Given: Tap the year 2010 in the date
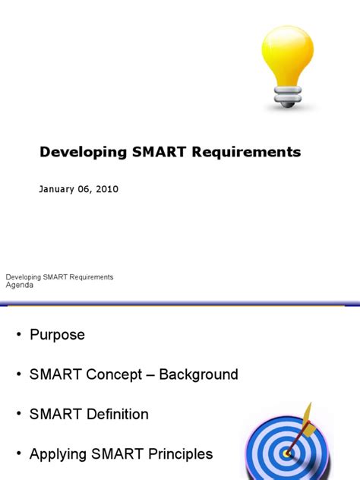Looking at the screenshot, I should tap(106, 189).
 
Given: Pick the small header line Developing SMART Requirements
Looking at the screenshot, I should tap(59, 277).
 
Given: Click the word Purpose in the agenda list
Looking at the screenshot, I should tap(57, 335).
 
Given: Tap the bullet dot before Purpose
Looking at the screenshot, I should tap(19, 335).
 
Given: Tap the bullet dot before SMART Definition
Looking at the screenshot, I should tap(19, 415).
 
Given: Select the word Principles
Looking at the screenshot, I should tap(175, 455).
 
